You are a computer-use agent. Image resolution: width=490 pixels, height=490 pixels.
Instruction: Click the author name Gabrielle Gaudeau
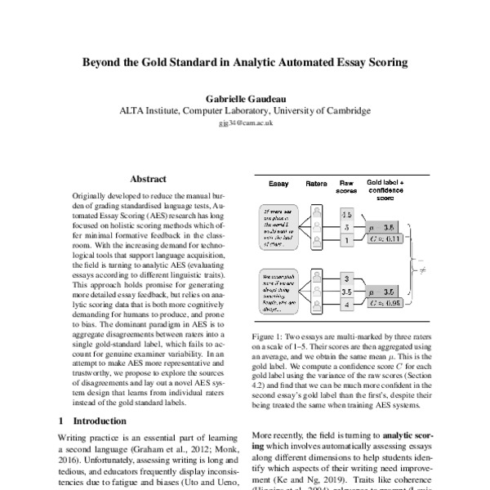(244, 96)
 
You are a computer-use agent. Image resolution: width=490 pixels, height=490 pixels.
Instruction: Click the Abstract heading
(148, 179)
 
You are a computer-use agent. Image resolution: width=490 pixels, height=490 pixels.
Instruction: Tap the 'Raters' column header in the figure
(315, 185)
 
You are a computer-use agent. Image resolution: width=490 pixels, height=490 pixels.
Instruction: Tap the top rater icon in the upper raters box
(315, 212)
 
